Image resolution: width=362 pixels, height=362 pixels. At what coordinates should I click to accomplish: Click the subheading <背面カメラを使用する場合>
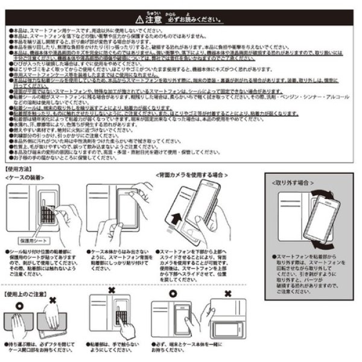(x=193, y=174)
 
